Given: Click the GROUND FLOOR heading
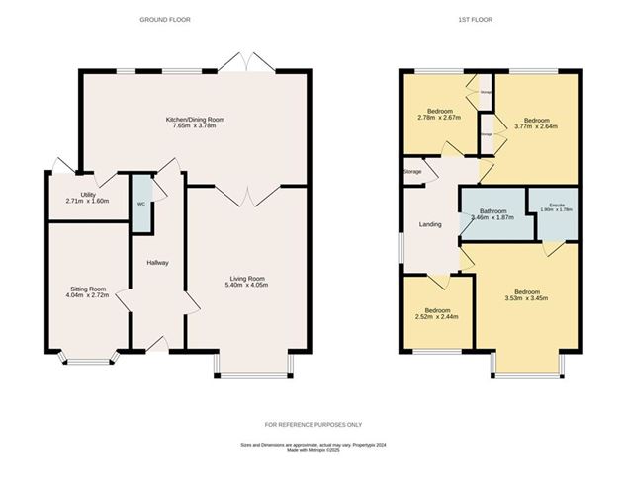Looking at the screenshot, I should (164, 19).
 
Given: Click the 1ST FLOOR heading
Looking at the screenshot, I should (475, 19).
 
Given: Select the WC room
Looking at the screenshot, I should (141, 204).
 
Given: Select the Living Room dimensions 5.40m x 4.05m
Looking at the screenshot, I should (242, 286).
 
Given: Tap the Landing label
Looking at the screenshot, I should (430, 225).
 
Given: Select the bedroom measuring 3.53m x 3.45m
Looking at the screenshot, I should (525, 297).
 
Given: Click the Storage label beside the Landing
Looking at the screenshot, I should (412, 172).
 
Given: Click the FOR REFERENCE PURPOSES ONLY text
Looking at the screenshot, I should (313, 424).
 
